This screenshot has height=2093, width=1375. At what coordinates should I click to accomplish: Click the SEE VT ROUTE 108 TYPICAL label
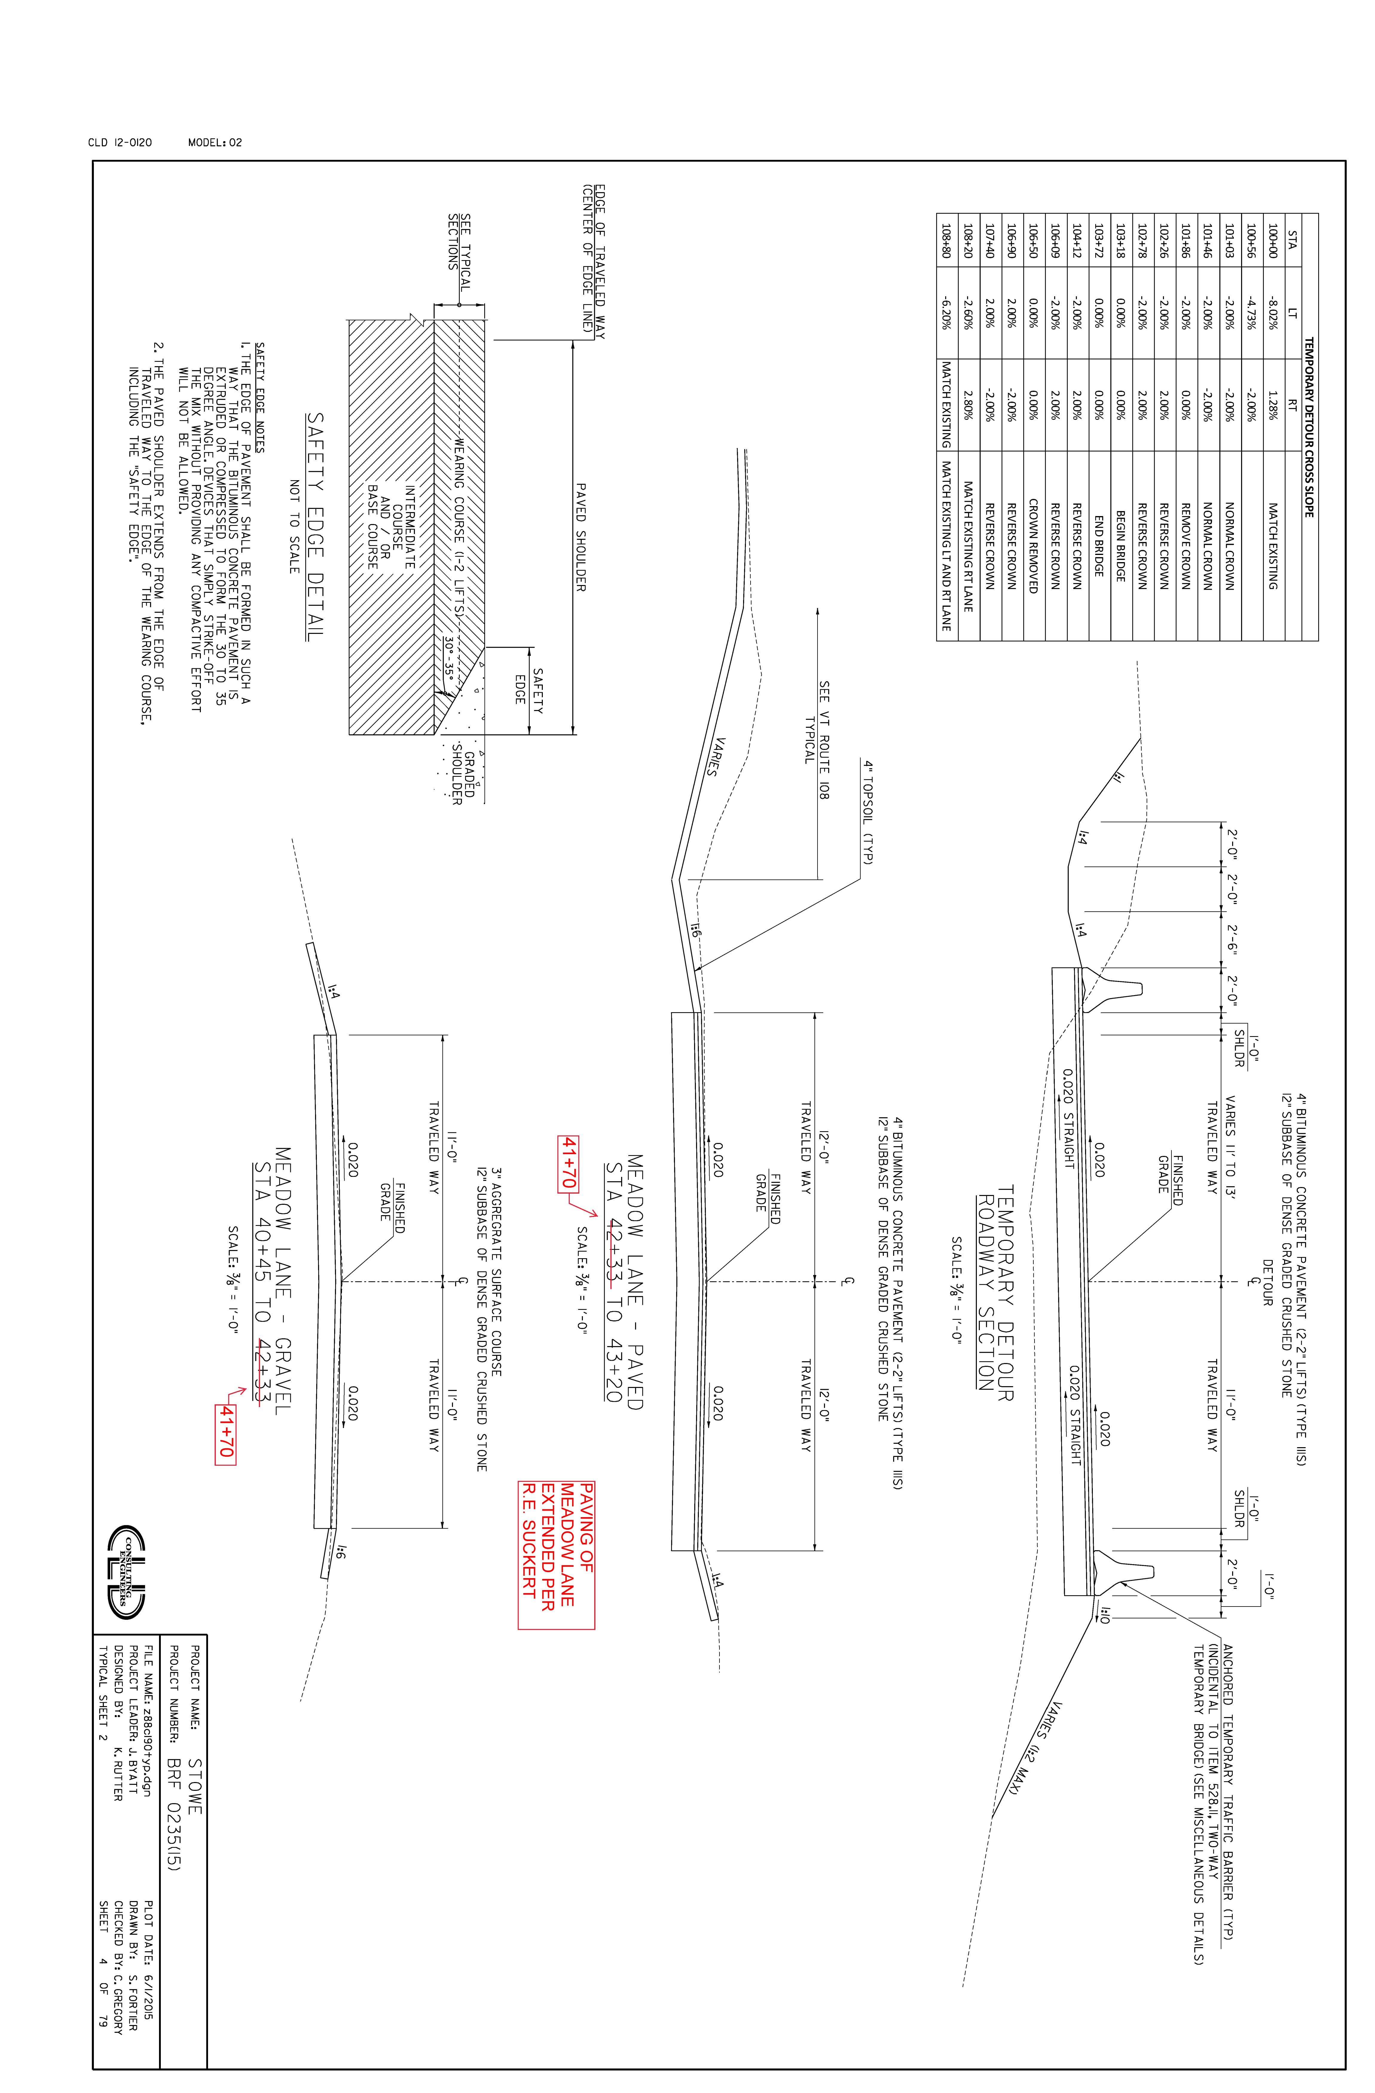point(817,739)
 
